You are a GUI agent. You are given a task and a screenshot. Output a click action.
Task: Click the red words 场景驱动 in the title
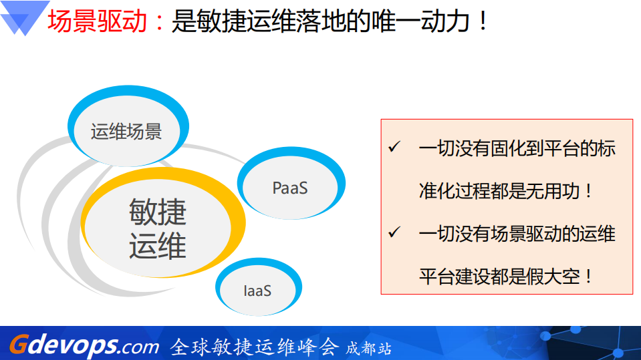pos(98,21)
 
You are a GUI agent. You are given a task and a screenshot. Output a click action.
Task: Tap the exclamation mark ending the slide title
pos(483,21)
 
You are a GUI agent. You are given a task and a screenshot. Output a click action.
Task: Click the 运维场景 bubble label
pos(126,132)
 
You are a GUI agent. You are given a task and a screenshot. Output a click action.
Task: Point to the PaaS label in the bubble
pos(290,188)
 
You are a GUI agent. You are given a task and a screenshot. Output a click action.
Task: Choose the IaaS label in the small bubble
pos(257,291)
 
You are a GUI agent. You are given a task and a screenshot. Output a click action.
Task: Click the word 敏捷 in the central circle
pos(158,213)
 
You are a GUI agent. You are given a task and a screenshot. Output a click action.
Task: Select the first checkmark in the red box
pos(394,147)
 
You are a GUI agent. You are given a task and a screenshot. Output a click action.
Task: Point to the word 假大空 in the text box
pos(554,277)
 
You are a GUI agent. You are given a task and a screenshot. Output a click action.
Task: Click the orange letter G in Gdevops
pos(18,345)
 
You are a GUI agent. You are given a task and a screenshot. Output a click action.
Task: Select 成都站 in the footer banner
pos(368,349)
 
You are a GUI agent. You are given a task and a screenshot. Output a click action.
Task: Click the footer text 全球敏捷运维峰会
pos(255,347)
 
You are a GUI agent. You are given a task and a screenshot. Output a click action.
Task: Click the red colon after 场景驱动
pos(158,23)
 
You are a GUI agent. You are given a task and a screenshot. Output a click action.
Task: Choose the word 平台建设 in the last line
pos(455,277)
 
